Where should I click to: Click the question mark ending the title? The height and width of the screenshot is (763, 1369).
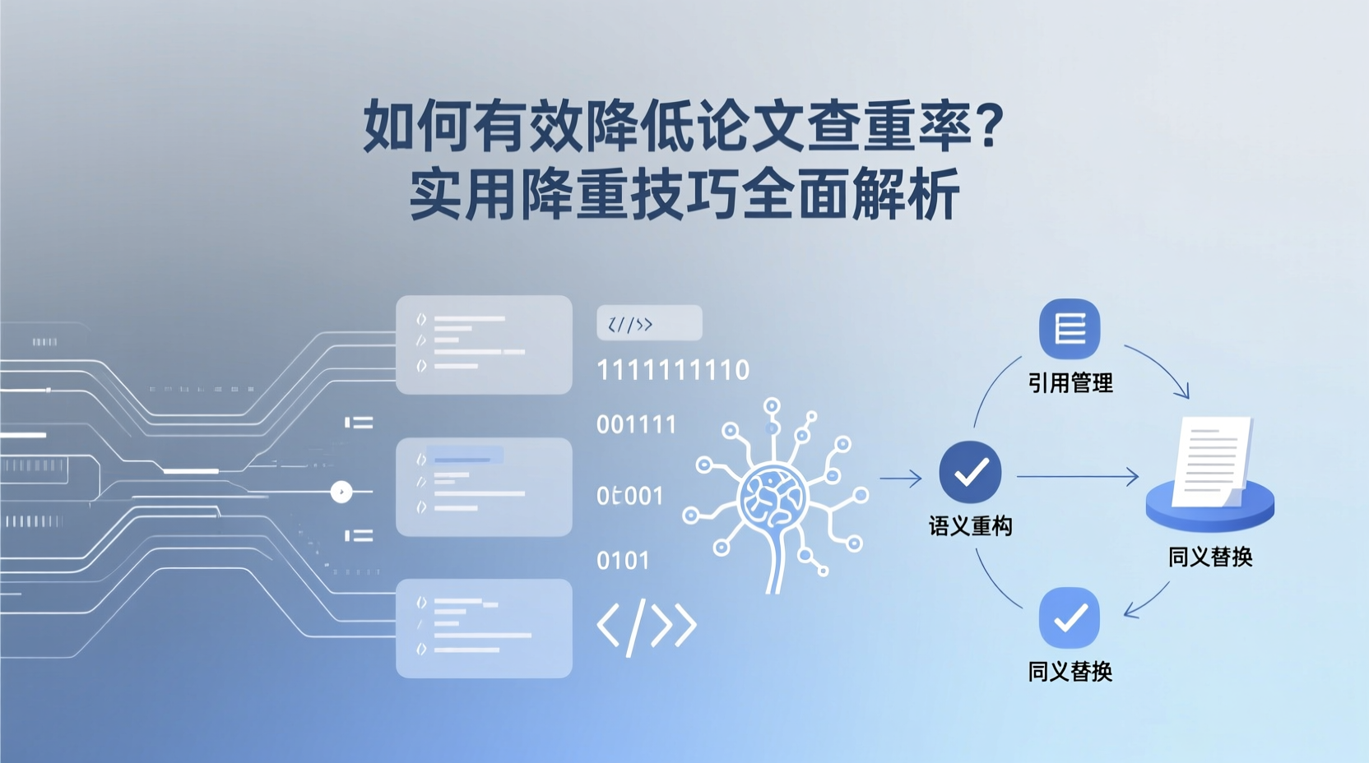(x=988, y=125)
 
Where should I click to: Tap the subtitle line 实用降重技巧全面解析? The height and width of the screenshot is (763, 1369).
(x=684, y=194)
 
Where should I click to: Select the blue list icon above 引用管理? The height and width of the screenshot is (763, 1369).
(x=1070, y=329)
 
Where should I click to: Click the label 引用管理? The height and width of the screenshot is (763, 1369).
(x=1070, y=383)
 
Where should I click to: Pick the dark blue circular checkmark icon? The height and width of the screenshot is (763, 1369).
(x=971, y=472)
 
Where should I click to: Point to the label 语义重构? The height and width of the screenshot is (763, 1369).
(x=971, y=526)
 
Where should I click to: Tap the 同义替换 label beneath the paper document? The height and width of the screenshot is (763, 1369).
(x=1210, y=557)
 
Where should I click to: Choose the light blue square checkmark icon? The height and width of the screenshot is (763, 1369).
(x=1070, y=617)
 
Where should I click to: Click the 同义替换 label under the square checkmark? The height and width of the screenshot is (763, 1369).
(x=1070, y=672)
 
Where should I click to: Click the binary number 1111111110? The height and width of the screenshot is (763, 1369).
(x=673, y=371)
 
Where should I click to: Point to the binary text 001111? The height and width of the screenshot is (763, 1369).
(x=636, y=425)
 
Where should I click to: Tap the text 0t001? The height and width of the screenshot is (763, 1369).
(x=629, y=496)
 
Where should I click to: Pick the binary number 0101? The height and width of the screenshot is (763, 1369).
(x=623, y=561)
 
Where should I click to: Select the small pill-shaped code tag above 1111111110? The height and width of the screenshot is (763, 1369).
(x=649, y=323)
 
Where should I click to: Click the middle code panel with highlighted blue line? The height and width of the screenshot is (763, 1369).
(x=484, y=487)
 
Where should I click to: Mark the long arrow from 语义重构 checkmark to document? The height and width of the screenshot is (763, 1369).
(x=1078, y=476)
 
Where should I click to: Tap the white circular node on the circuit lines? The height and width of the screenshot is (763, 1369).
(x=341, y=492)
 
